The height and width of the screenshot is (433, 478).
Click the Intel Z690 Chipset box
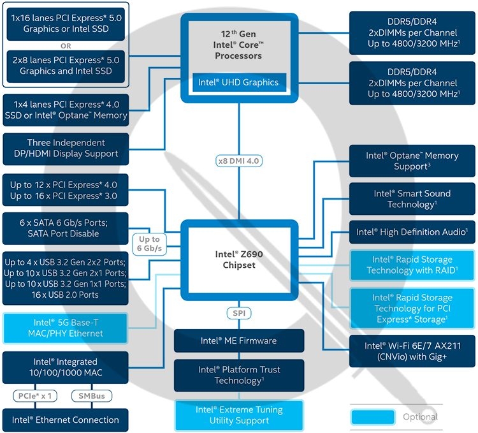(x=240, y=260)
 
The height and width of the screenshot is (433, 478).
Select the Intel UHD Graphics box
(x=238, y=82)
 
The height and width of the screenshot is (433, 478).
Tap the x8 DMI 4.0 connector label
(x=240, y=161)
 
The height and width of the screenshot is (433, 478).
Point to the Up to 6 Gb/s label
(x=147, y=243)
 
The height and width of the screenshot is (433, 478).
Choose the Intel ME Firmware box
(x=239, y=341)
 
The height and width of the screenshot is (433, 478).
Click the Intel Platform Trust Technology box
(x=239, y=375)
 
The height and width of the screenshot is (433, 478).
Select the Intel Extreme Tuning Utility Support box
(x=239, y=415)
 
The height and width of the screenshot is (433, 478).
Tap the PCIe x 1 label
(x=36, y=396)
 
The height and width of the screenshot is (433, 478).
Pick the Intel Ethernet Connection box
(x=66, y=420)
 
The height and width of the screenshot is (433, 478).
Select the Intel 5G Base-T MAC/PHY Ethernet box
(x=66, y=328)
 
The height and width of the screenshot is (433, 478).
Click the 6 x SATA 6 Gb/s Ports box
(x=66, y=228)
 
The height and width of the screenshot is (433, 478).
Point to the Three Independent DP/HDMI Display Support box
(x=66, y=148)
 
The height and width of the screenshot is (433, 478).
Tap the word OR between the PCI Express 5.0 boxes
(x=66, y=46)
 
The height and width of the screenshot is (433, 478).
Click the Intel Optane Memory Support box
(x=412, y=161)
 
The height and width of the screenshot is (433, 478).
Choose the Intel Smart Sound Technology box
(x=412, y=199)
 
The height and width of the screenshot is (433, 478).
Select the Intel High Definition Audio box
(x=412, y=232)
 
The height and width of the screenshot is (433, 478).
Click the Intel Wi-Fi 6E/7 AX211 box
(x=412, y=351)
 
